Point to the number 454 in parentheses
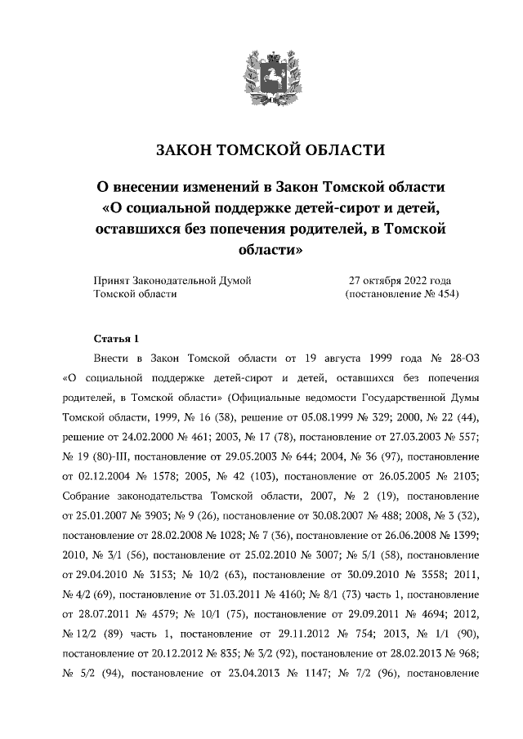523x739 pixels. [x=445, y=294]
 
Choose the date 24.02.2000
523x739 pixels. [x=136, y=435]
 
